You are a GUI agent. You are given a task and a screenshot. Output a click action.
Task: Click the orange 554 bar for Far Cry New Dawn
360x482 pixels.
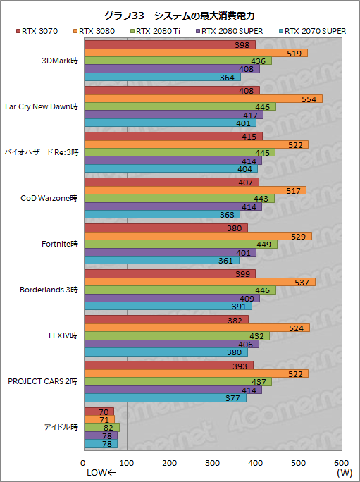(203, 98)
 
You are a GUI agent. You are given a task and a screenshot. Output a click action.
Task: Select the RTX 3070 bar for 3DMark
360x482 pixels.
(170, 45)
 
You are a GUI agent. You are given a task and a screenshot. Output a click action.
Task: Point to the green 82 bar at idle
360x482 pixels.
(101, 427)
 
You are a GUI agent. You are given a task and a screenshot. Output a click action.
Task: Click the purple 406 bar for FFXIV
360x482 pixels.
(171, 344)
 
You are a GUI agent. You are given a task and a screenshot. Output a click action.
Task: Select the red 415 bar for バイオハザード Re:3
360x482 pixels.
(173, 136)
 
